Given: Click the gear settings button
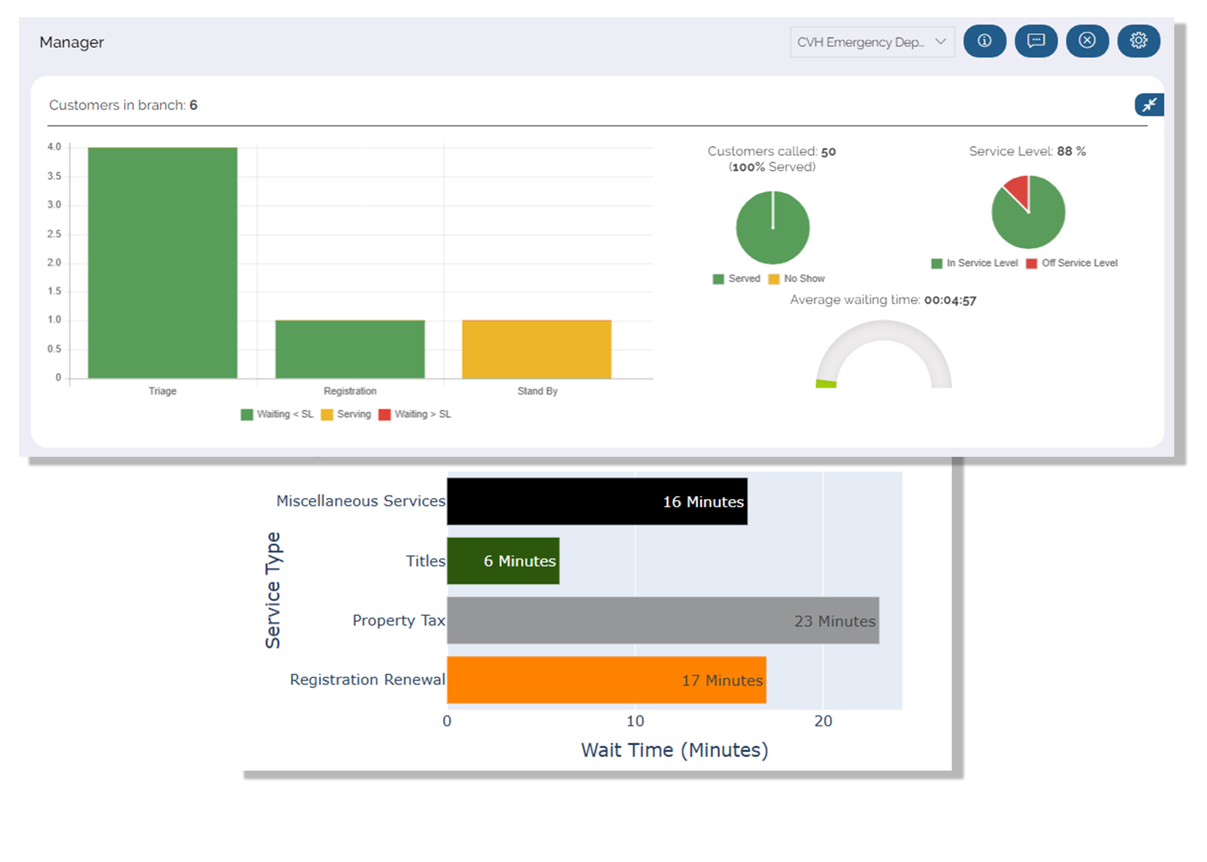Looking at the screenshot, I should (1138, 41).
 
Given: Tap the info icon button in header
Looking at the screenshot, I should (984, 41).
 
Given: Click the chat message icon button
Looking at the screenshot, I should (1036, 41).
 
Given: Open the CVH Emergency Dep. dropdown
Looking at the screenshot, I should (872, 42).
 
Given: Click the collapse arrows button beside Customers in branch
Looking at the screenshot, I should (1149, 105).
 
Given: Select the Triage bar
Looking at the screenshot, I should (163, 263).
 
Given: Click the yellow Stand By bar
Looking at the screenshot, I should (536, 349).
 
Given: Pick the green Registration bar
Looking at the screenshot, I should (349, 349).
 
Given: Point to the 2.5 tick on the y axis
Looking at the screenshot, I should (54, 234).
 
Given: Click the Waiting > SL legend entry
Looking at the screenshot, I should (415, 414).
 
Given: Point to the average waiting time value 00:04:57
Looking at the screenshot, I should (950, 301).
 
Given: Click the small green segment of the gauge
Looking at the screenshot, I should (826, 383).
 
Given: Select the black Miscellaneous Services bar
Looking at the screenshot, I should (597, 501).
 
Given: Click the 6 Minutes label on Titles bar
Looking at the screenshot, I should (520, 561).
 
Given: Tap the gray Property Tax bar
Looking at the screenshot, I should (663, 620).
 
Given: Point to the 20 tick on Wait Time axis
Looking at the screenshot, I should (822, 721).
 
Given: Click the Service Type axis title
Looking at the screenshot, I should (273, 590).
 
